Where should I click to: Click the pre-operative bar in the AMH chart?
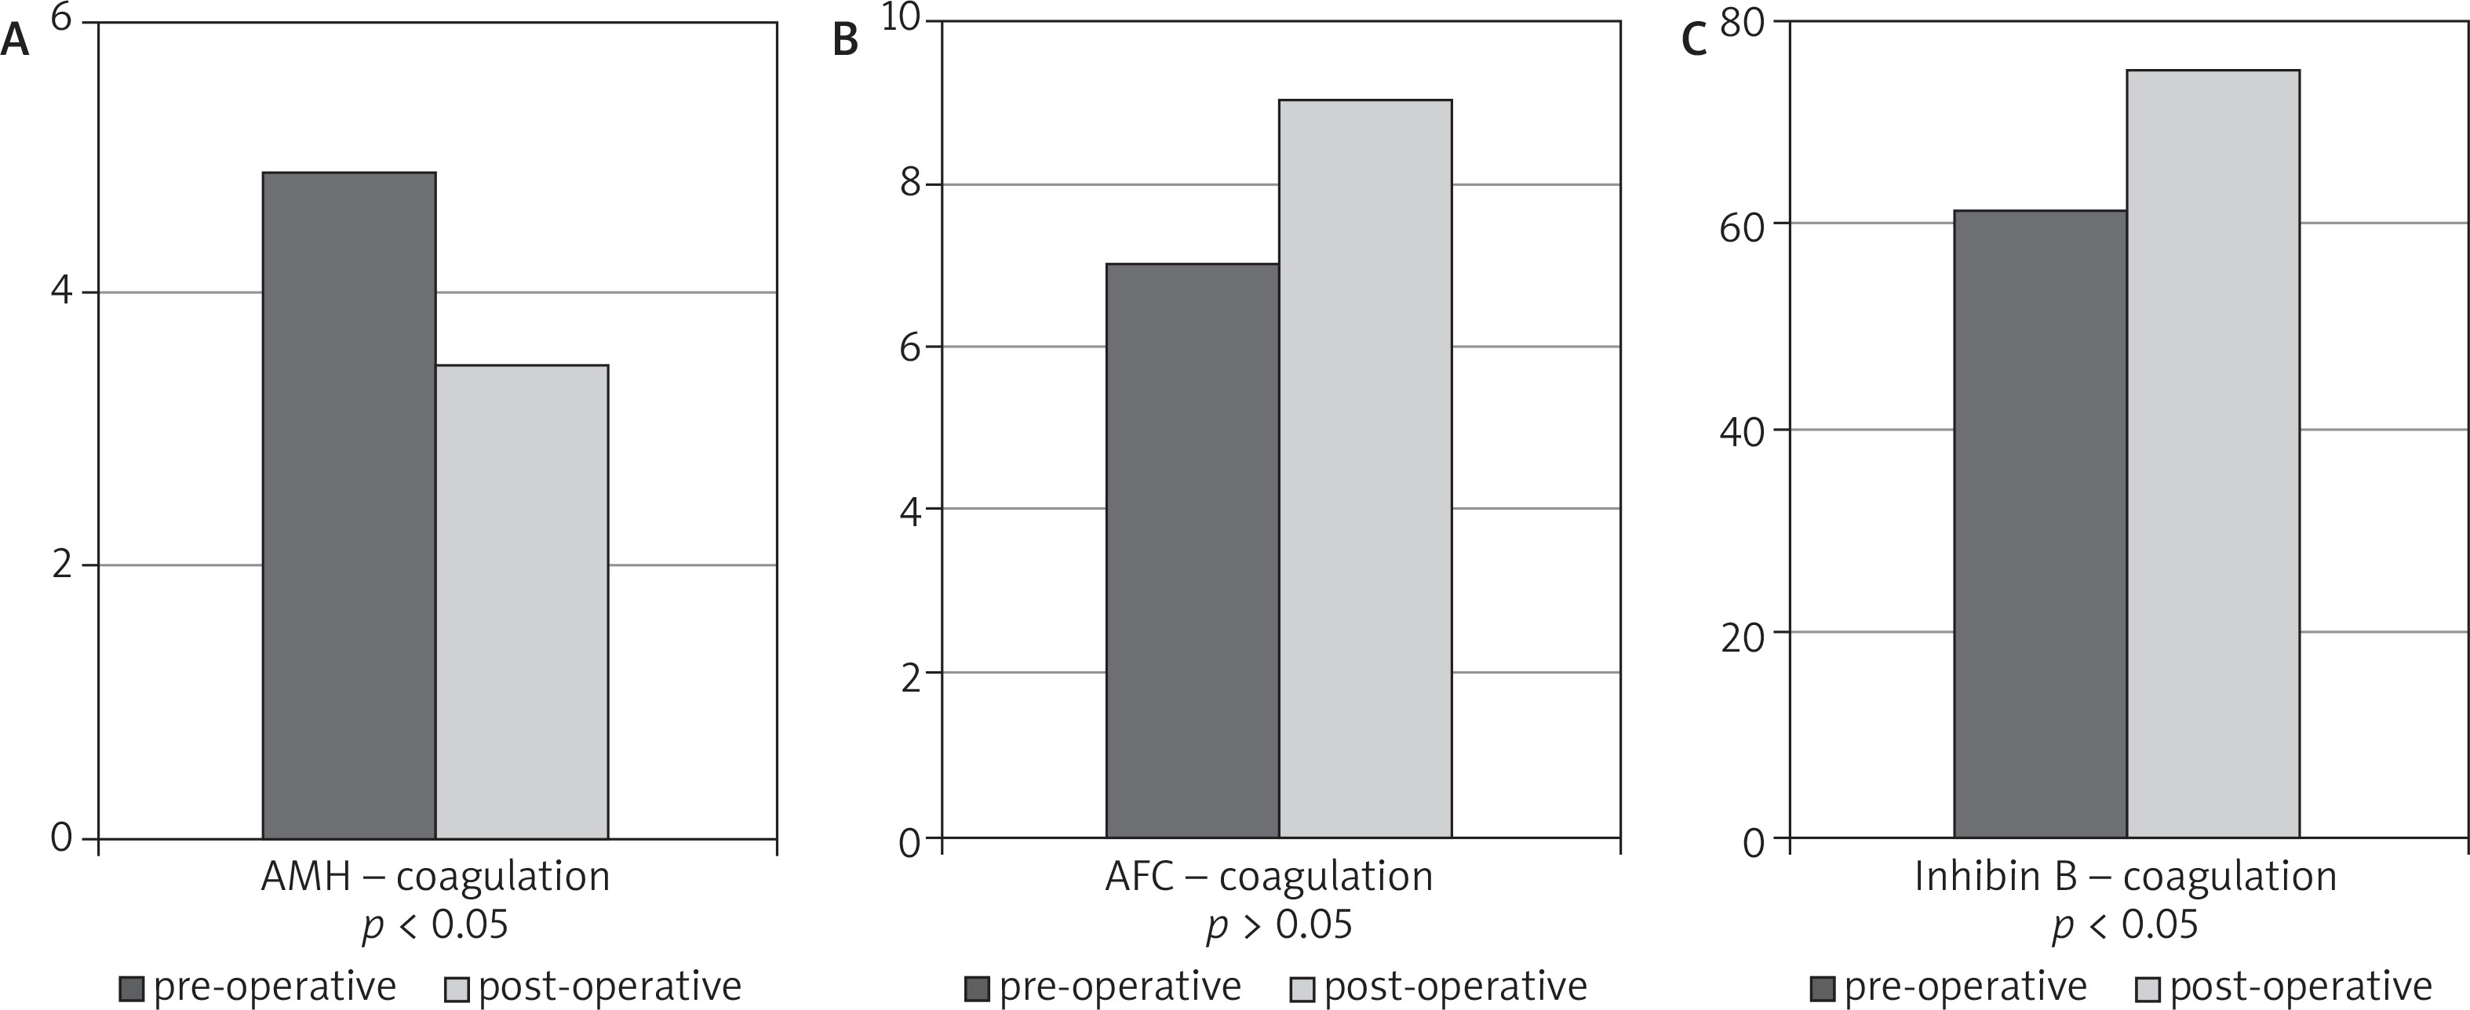[349, 505]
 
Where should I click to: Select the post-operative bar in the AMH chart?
[522, 601]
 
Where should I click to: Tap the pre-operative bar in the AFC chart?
[1192, 551]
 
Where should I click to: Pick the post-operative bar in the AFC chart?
[1364, 470]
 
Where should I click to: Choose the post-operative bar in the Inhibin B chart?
[2212, 454]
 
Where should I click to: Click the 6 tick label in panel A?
[60, 19]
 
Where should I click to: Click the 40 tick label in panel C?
[1742, 431]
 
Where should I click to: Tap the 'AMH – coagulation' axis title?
[435, 876]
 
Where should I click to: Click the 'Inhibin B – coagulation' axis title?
[2125, 876]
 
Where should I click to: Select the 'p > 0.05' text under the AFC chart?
[1279, 925]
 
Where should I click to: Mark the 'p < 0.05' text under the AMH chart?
[435, 925]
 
